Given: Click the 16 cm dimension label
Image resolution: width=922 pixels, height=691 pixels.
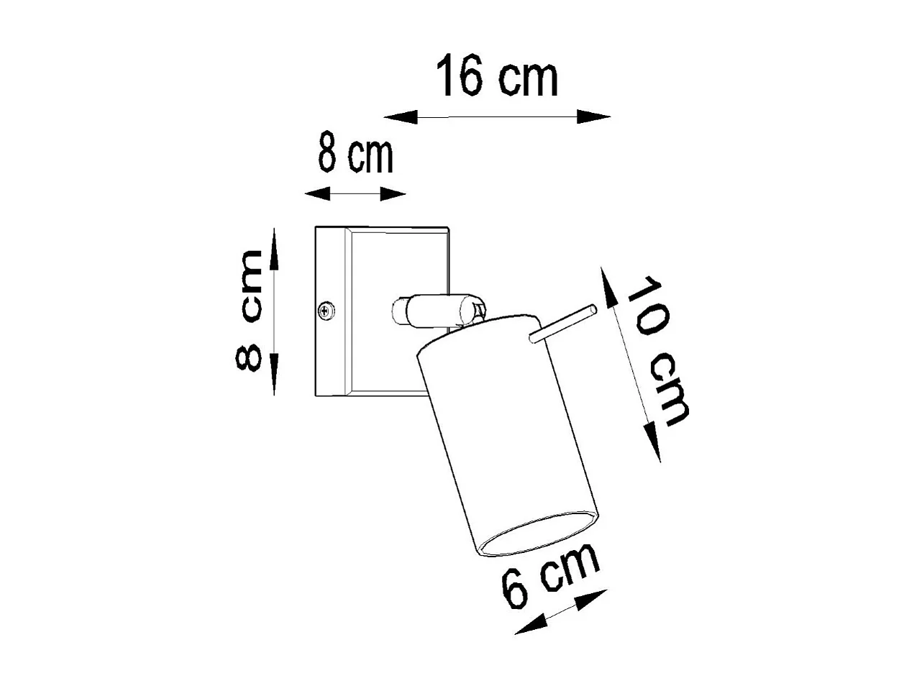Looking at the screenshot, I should tap(497, 78).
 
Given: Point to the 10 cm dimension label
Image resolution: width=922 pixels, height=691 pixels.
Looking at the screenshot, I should tap(657, 349).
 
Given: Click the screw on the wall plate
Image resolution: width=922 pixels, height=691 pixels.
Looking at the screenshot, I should tap(326, 311).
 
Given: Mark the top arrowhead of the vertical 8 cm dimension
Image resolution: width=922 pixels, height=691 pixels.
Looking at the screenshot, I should tap(274, 247).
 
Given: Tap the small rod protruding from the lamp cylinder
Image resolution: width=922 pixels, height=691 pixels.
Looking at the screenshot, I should tap(562, 324).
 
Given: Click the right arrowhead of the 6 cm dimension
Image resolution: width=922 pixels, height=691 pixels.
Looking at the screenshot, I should tap(593, 597).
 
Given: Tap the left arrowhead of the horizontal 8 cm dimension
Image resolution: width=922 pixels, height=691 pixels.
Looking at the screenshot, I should tap(317, 193).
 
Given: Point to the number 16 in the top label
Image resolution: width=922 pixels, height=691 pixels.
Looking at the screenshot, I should tap(461, 78).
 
